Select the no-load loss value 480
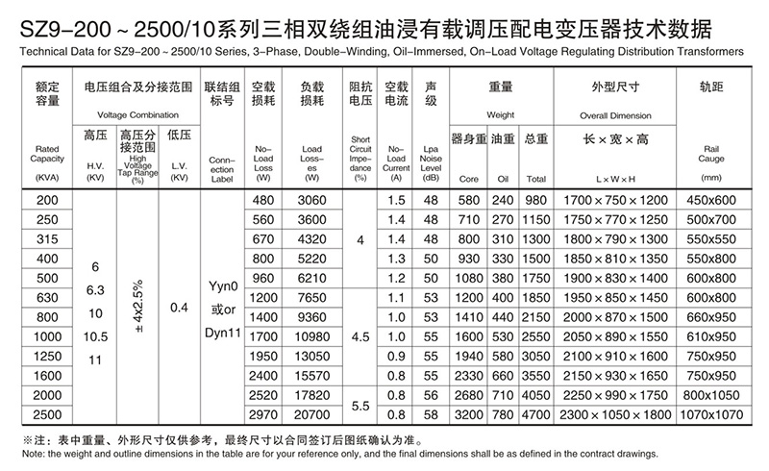click(x=263, y=199)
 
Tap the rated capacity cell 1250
click(x=47, y=355)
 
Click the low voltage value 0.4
click(x=179, y=308)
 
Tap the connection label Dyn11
click(x=222, y=342)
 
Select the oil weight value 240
click(x=504, y=199)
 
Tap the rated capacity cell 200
click(x=47, y=199)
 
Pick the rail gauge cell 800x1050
click(x=710, y=396)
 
